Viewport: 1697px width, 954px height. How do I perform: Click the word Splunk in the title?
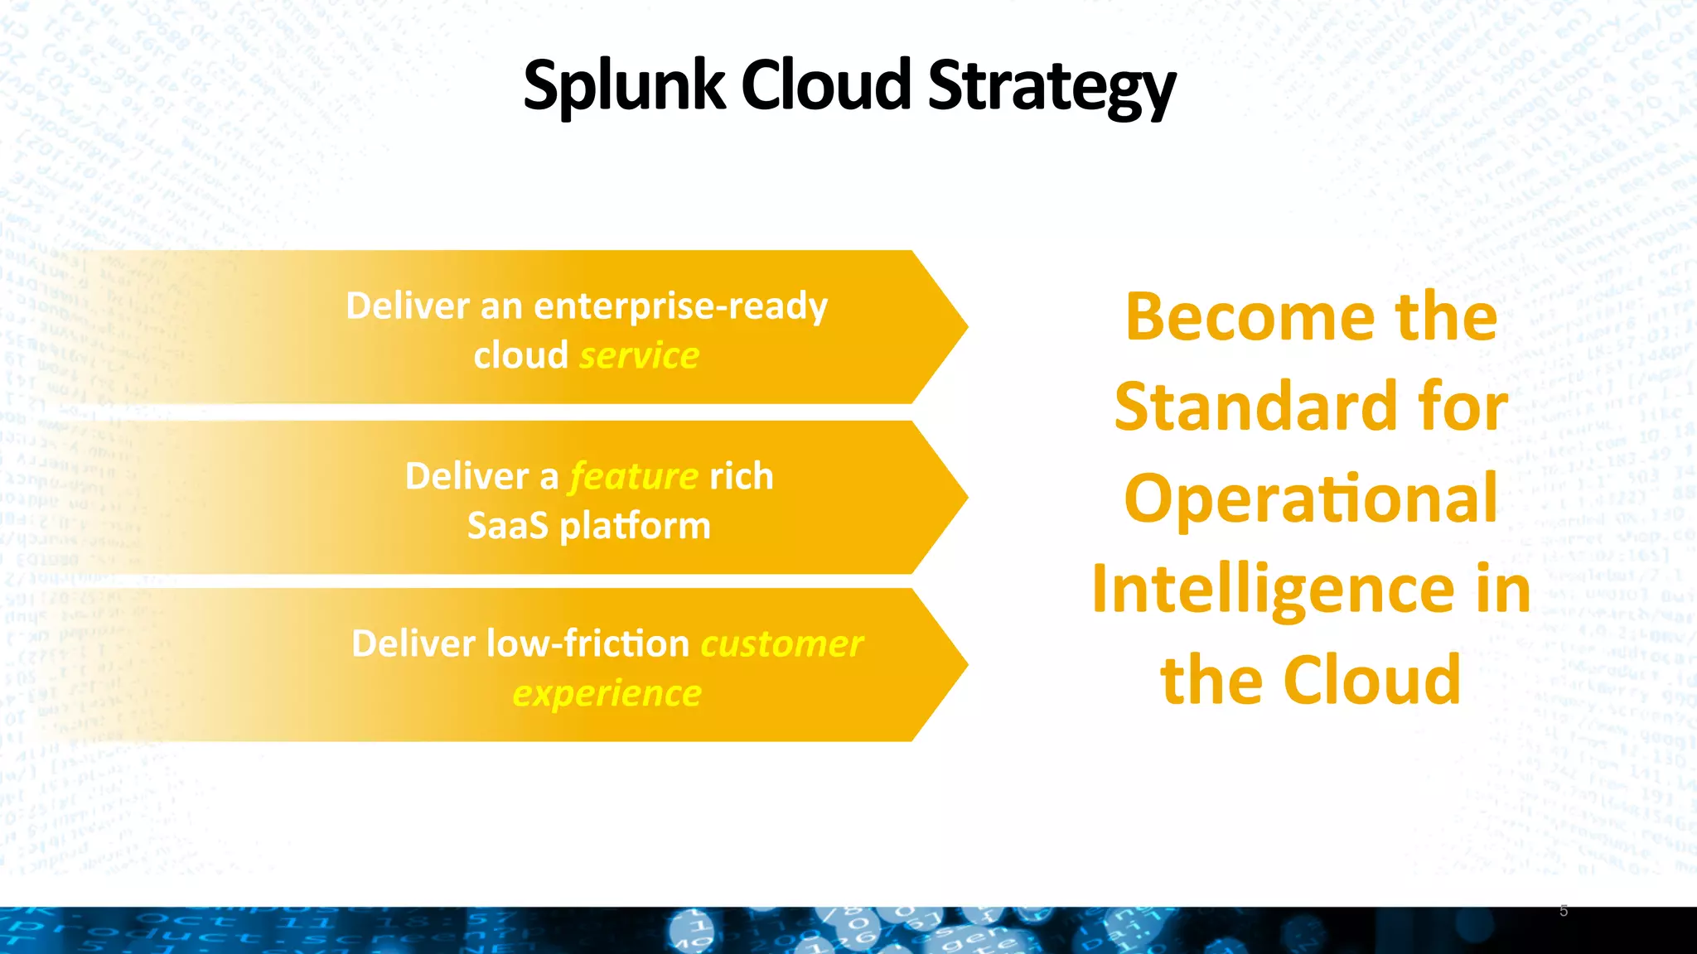click(x=624, y=86)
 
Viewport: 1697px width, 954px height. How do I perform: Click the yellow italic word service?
click(x=639, y=355)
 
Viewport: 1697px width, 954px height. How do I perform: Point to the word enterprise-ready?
click(x=680, y=306)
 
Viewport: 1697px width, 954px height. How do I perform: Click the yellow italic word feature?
click(x=634, y=476)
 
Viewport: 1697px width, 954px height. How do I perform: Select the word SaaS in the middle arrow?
click(x=507, y=526)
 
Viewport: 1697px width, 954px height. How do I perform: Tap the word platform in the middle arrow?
click(x=635, y=526)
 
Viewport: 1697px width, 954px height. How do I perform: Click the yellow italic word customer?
click(x=781, y=643)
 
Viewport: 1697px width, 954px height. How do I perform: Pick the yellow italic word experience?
click(x=607, y=693)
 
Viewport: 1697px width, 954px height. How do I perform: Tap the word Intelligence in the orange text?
click(x=1273, y=589)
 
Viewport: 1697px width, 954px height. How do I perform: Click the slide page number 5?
click(x=1564, y=911)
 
